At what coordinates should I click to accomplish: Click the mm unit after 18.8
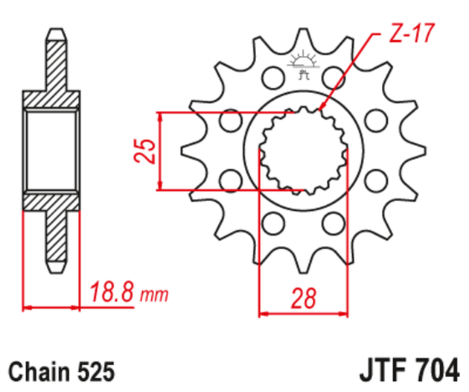(155, 294)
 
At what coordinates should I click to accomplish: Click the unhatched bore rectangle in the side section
(51, 151)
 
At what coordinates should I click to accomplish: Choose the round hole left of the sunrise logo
(272, 76)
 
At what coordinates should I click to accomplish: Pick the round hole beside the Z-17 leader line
(334, 76)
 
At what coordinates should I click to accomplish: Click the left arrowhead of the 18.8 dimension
(27, 306)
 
